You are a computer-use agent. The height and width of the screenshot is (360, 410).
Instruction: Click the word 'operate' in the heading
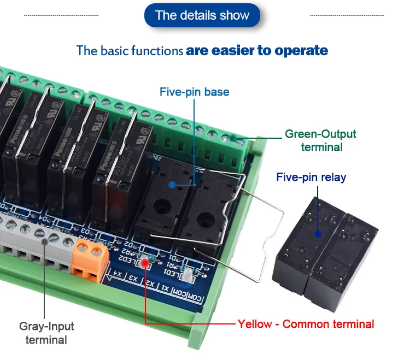point(301,51)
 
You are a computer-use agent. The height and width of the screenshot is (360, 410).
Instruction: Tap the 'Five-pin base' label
point(194,92)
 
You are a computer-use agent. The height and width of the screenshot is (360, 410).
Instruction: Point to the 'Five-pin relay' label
point(311,177)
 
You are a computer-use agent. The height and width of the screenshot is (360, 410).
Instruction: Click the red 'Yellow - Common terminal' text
point(306,324)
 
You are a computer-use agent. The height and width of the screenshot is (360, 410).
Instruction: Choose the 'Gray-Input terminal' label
point(46,333)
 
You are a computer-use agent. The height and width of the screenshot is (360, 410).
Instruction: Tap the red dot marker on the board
point(145,264)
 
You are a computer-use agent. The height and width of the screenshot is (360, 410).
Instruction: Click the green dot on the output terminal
point(233,139)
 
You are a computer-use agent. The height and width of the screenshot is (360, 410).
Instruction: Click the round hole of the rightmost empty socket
point(204,219)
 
